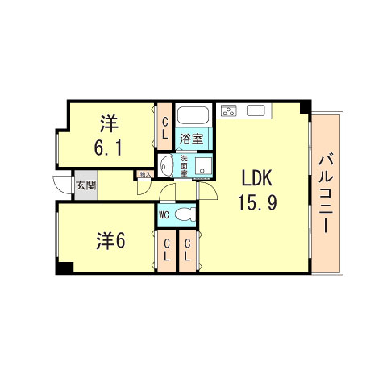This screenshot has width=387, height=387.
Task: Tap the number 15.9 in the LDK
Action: (x=257, y=202)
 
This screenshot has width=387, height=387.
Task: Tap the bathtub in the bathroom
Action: (x=191, y=115)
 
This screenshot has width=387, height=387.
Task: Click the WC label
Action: (x=164, y=214)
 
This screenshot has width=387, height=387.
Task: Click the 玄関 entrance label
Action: (x=85, y=185)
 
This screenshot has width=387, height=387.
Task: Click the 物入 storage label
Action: (x=145, y=173)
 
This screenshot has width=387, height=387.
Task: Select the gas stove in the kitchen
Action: (x=229, y=110)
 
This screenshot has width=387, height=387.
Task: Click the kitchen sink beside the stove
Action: (x=256, y=110)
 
